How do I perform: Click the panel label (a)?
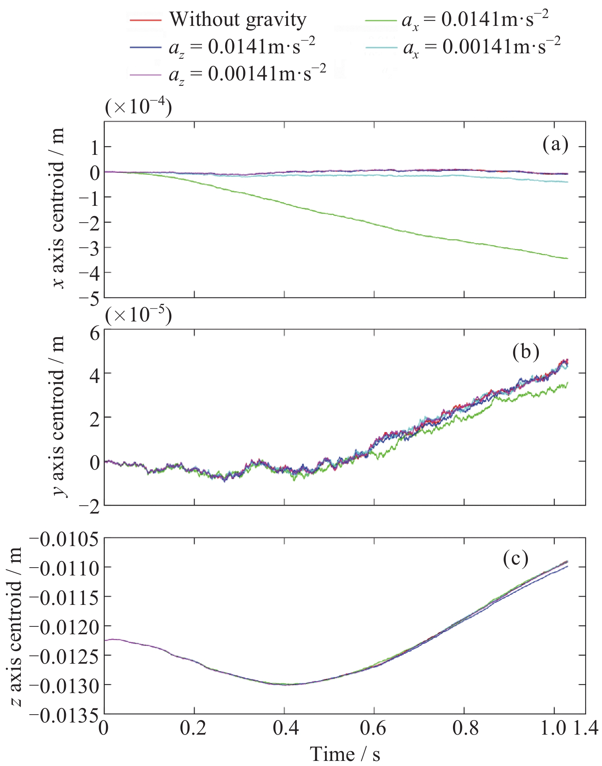(555, 145)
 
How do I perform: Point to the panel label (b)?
(526, 352)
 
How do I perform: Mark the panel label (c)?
(516, 559)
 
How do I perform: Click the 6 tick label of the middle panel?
(95, 334)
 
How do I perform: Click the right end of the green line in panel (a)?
(567, 258)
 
